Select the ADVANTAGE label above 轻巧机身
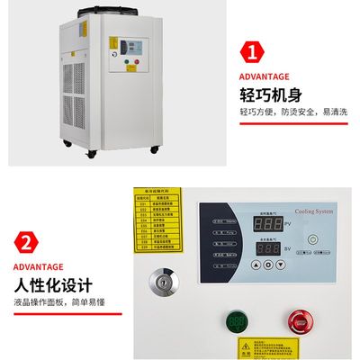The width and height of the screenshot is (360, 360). point(265,76)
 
